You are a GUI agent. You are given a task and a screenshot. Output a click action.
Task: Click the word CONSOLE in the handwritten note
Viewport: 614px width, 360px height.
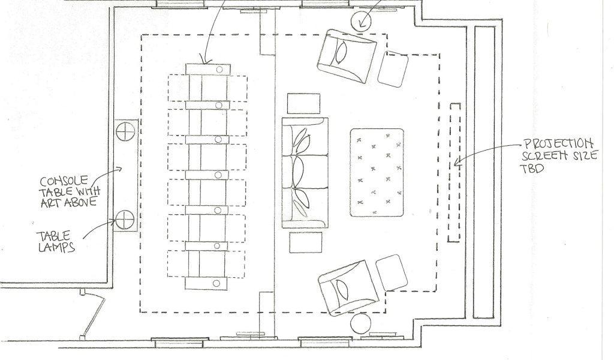[x=64, y=181]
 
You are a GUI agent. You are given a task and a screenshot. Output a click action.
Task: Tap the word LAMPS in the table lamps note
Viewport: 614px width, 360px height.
[x=57, y=247]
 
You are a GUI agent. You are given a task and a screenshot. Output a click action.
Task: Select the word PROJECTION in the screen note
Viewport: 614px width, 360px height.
[x=559, y=144]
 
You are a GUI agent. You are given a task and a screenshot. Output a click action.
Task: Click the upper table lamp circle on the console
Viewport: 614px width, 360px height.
[x=126, y=131]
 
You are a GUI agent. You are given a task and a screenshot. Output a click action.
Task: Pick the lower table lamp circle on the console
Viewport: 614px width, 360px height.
[x=125, y=220]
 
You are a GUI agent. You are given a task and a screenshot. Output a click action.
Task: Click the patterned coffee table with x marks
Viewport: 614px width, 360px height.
[x=377, y=172]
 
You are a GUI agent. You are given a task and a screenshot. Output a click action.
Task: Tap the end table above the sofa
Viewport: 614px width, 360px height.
[x=303, y=103]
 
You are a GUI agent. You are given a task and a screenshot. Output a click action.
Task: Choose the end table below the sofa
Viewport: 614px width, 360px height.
[x=306, y=242]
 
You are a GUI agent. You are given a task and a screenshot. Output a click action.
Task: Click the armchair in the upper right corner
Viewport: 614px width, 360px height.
[x=346, y=56]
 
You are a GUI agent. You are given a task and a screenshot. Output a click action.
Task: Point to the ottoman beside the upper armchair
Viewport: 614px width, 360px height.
[x=393, y=69]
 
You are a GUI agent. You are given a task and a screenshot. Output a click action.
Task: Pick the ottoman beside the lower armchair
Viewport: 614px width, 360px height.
[x=392, y=272]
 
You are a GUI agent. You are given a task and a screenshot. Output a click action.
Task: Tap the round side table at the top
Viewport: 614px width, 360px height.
[x=360, y=20]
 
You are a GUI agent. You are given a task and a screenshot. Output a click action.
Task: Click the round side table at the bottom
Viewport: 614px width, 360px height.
[x=360, y=323]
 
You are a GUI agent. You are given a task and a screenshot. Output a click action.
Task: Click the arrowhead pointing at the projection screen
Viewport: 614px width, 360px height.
[x=458, y=161]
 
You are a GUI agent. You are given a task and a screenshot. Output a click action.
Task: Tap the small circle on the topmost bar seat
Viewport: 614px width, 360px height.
[x=219, y=70]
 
